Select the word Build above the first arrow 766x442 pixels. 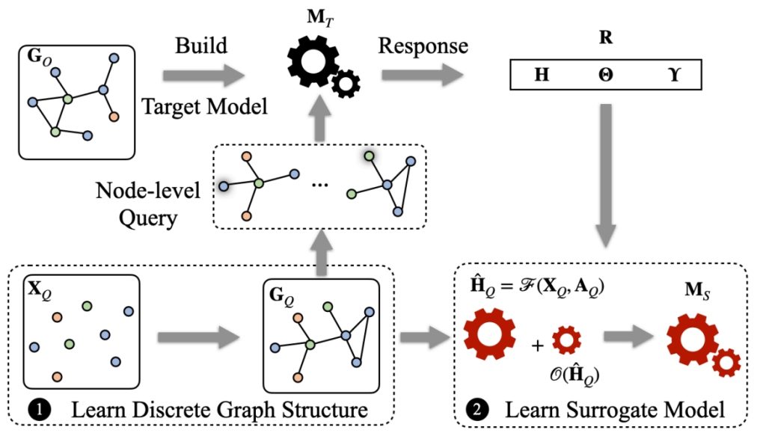coord(200,46)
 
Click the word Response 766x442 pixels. coord(423,46)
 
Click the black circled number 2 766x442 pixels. coord(477,409)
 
